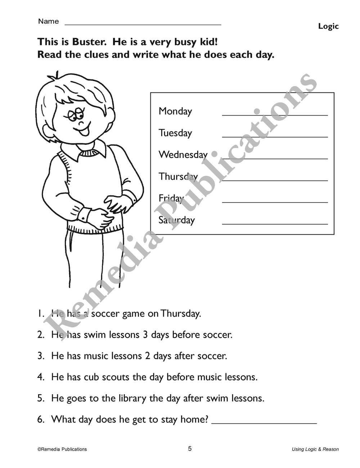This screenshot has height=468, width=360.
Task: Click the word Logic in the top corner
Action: coord(328,26)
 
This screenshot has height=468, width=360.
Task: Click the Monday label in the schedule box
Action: coord(175,111)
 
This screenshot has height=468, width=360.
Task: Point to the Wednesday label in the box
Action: coord(183,155)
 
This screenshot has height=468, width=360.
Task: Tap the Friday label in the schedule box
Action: coord(171,198)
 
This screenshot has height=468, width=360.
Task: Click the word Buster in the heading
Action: coord(89,42)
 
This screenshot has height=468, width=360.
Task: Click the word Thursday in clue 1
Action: coord(181,314)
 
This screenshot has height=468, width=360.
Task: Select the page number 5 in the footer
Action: coord(190,449)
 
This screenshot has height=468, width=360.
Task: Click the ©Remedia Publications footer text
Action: coord(62,449)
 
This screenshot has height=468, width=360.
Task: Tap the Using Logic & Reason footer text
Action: coord(315,449)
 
